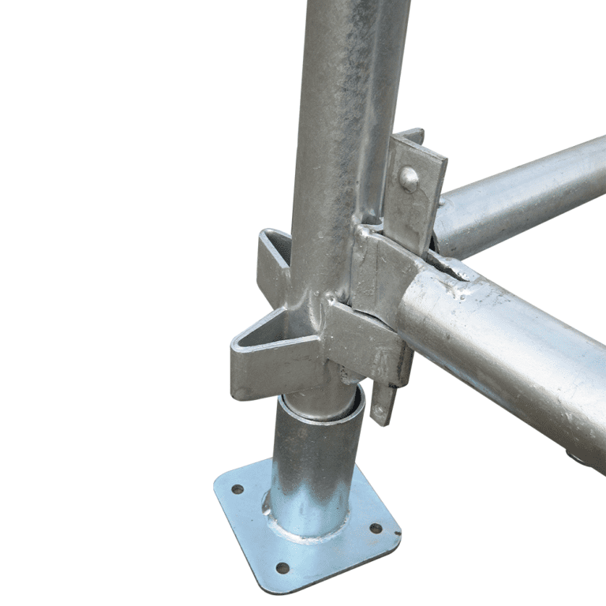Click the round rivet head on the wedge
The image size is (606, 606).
click(x=409, y=178)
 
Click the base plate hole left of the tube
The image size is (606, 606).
click(x=237, y=489)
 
